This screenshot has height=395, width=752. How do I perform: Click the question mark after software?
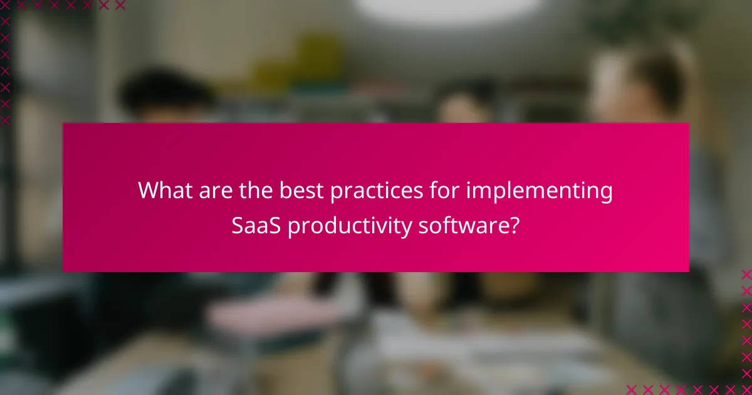pos(514,226)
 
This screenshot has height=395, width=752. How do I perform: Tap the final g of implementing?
pos(606,194)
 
